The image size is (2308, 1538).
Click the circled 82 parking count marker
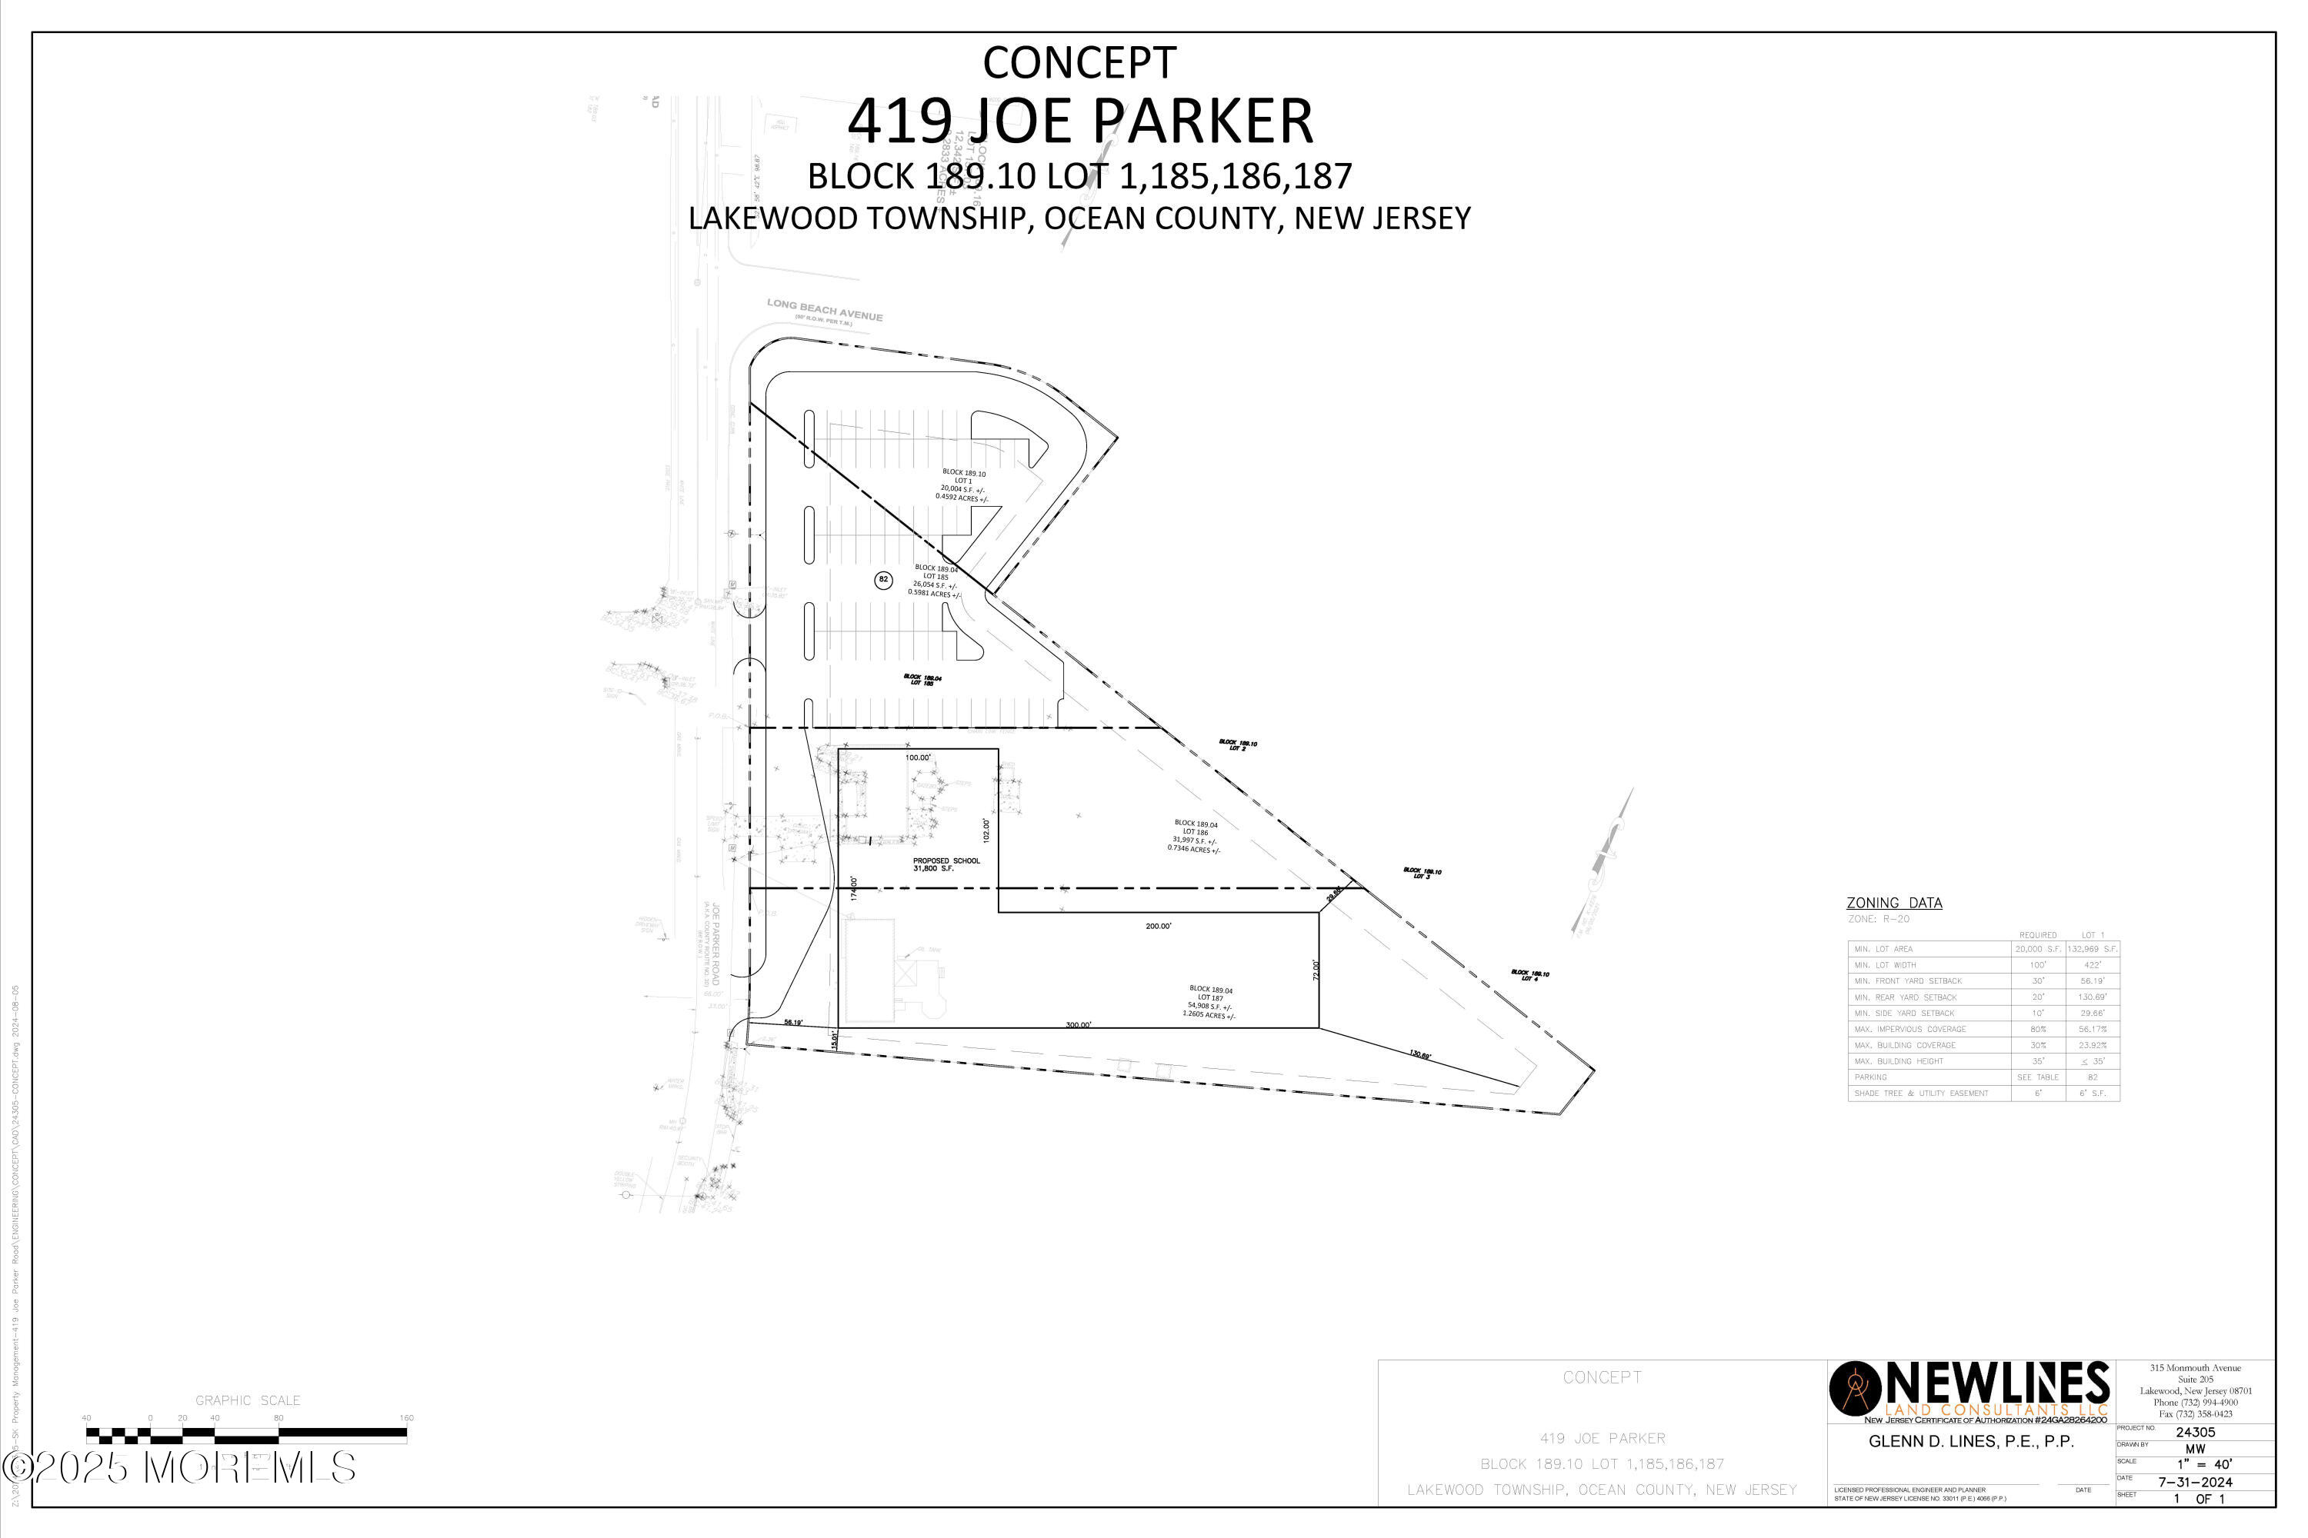coord(883,580)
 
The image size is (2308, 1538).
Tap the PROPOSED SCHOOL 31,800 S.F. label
coord(946,864)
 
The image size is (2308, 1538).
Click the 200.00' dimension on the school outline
coord(1158,926)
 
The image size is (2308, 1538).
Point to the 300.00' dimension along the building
coord(1078,1025)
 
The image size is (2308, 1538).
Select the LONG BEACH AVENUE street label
coord(824,310)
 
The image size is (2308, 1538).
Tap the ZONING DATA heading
coord(1894,902)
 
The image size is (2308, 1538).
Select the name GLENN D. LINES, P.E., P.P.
coord(1970,1441)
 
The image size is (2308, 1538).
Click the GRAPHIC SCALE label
coord(247,1400)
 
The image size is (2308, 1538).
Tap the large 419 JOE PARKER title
coord(1079,121)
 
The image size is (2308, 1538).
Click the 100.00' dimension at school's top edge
coord(918,758)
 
